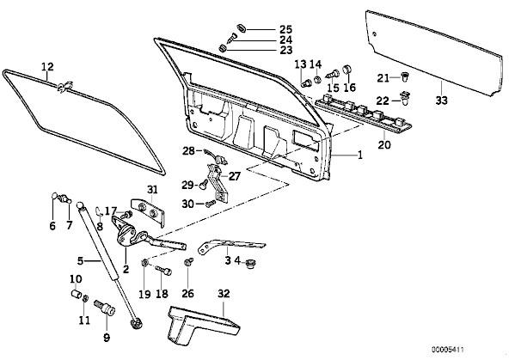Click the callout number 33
coord(441,101)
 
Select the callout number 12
coord(47,66)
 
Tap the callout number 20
coord(384,144)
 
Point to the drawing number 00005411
coord(448,350)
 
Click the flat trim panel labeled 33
coord(434,53)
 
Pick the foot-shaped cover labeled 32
coord(202,324)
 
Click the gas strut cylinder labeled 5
coord(99,243)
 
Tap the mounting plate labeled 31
coord(149,211)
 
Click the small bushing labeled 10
coord(76,295)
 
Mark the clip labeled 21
coord(404,77)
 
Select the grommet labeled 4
coord(249,264)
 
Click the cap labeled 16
coord(347,70)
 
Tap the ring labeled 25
coord(241,27)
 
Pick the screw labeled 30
coord(211,204)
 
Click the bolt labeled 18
coord(163,270)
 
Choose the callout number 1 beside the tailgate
coord(359,155)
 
